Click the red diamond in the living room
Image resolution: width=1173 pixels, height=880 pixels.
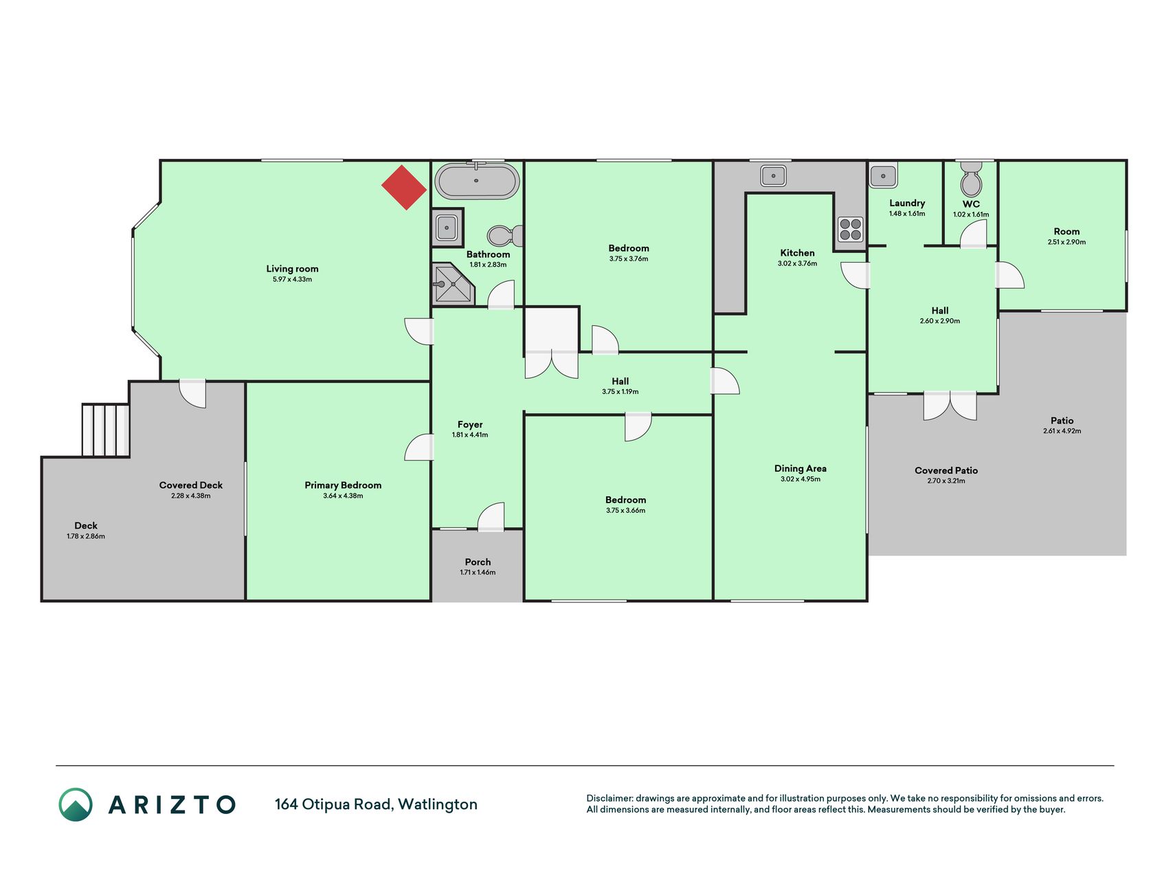pos(404,188)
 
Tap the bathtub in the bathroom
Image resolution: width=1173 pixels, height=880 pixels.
pos(478,181)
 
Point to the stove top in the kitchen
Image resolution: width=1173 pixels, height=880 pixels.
pos(851,229)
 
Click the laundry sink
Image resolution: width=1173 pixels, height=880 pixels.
pos(883,175)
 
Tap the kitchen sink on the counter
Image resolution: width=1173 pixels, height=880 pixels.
pos(773,175)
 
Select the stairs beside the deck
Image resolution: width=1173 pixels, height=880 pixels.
pos(106,430)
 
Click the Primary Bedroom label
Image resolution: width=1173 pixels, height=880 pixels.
pos(343,485)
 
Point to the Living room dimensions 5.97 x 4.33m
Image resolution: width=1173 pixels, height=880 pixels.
pos(292,280)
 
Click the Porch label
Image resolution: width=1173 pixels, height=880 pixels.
pos(478,562)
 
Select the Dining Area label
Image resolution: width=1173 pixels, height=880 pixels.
pos(801,468)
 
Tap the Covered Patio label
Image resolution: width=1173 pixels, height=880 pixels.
pos(946,470)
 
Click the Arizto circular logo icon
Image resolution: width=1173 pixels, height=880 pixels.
pos(76,804)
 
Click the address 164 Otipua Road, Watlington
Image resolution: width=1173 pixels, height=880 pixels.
pos(376,804)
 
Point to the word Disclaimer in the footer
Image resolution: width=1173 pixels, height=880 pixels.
pos(610,798)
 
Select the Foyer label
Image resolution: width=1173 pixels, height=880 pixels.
pos(470,425)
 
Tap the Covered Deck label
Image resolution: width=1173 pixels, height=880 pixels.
pos(191,485)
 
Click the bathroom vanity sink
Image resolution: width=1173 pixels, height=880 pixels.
pos(447,227)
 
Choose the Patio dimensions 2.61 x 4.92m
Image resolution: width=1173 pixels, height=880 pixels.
pos(1062,431)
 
